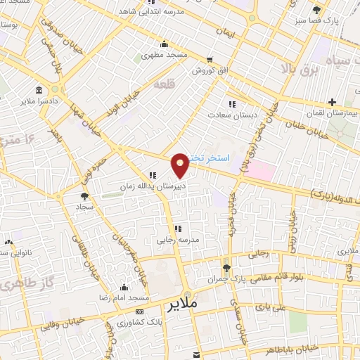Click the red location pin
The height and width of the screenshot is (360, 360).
tap(181, 165)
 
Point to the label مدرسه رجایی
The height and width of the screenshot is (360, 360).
tap(177, 239)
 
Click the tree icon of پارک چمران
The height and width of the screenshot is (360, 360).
tap(226, 268)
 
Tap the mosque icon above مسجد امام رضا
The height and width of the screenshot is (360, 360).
tap(124, 287)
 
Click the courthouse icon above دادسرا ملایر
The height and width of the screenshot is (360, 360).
tap(38, 91)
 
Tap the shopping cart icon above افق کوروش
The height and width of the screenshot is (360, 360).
tap(209, 60)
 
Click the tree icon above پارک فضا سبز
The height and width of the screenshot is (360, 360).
tap(317, 9)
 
